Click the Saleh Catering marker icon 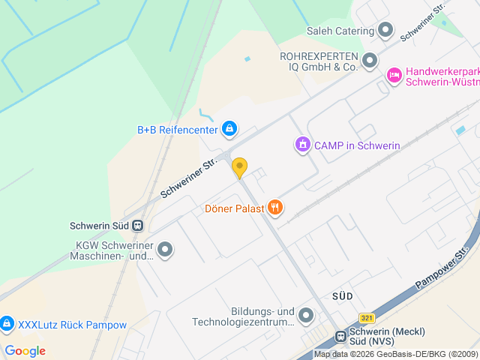click(x=385, y=31)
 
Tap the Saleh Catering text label click(x=340, y=31)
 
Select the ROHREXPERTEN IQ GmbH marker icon click(x=369, y=60)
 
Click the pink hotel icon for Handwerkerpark click(x=394, y=75)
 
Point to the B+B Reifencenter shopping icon click(x=229, y=130)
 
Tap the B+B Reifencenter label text click(x=177, y=130)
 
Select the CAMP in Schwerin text click(x=357, y=145)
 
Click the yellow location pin click(x=239, y=167)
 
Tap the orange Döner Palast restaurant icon click(x=275, y=208)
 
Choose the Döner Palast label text click(x=234, y=208)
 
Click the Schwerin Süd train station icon click(x=137, y=225)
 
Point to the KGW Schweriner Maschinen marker click(x=164, y=250)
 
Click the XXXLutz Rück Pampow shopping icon click(x=7, y=325)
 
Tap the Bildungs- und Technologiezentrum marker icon click(x=305, y=316)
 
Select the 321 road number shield click(x=366, y=318)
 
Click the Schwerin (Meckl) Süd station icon click(x=340, y=336)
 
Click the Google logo click(x=25, y=350)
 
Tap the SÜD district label click(x=342, y=297)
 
